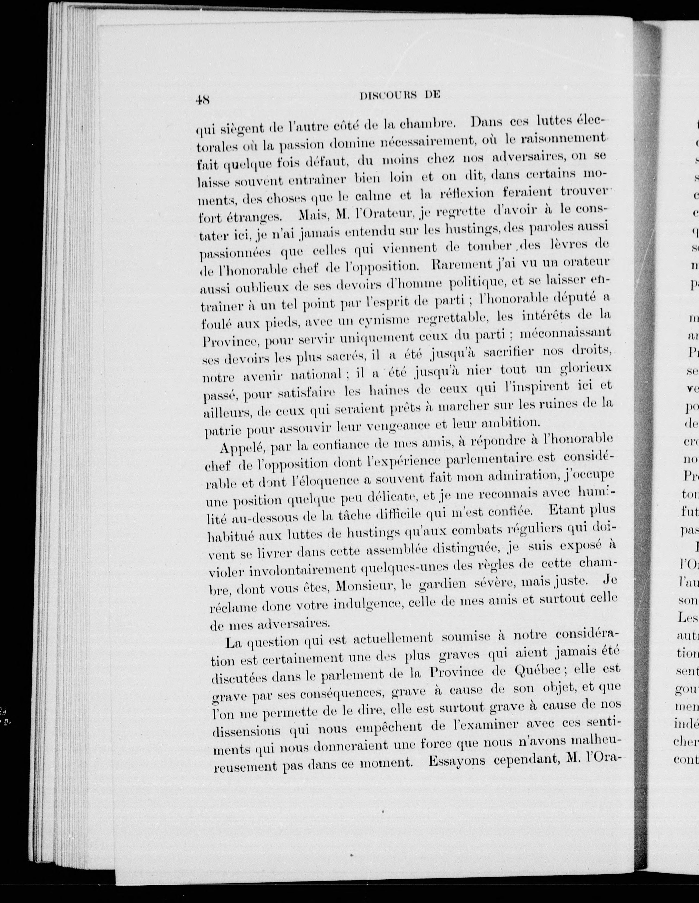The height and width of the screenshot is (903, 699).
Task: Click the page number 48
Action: (x=202, y=100)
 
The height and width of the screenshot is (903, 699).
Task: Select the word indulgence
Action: (x=369, y=605)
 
